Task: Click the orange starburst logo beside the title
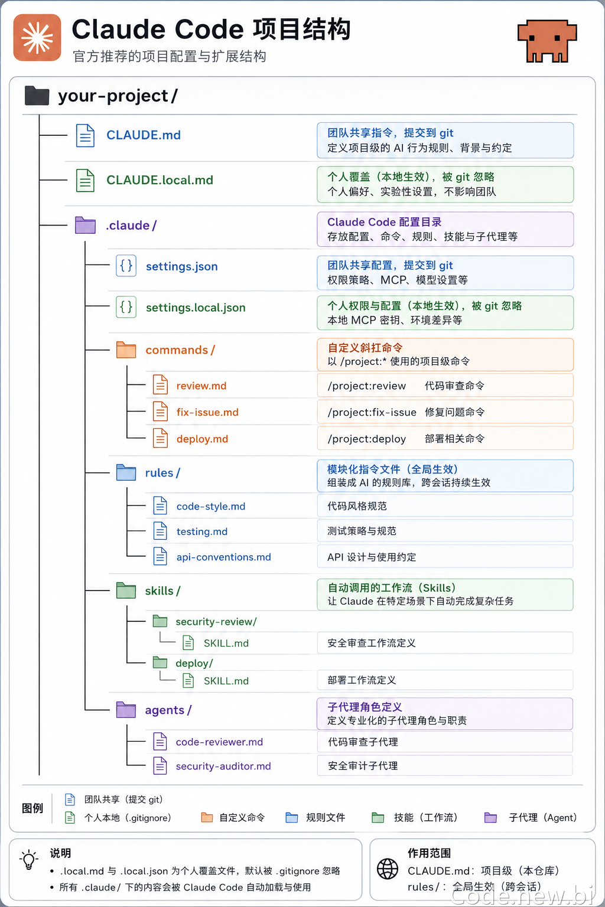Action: [37, 38]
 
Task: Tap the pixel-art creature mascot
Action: [547, 41]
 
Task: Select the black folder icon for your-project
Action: [37, 96]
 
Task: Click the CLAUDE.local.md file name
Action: [160, 180]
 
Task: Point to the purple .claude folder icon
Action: [85, 225]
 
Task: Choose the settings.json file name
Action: [182, 266]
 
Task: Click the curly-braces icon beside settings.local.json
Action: [126, 307]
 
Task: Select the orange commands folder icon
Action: [126, 350]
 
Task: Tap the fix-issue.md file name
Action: [207, 412]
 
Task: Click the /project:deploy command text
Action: [367, 439]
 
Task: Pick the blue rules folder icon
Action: [126, 472]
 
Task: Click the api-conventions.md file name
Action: [224, 557]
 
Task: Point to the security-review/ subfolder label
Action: [216, 622]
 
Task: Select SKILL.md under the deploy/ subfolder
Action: [226, 681]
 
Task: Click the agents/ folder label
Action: [168, 710]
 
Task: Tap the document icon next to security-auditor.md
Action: [160, 766]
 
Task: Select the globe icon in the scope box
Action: [388, 869]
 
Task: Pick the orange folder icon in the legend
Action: [207, 817]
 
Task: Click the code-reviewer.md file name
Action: [219, 742]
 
